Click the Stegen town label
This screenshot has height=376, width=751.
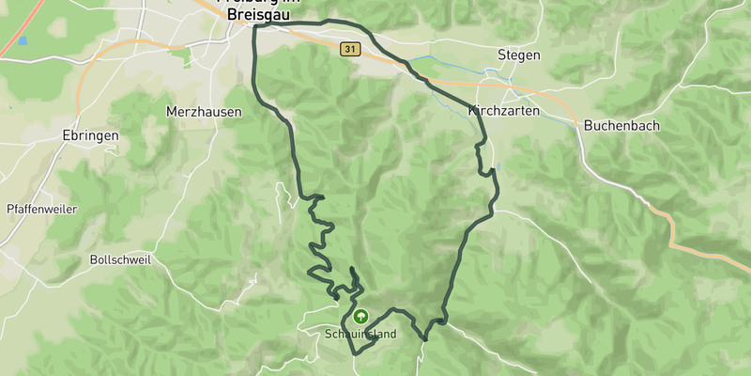(x=519, y=55)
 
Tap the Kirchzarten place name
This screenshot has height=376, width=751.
(x=500, y=111)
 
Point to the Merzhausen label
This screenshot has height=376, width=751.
(x=204, y=111)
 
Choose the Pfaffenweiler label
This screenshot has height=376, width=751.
(x=40, y=209)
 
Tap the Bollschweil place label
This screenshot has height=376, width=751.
(x=120, y=259)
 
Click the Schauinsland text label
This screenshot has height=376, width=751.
(x=360, y=335)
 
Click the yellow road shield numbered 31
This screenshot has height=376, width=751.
(x=349, y=49)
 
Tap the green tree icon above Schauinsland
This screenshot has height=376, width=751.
(x=360, y=317)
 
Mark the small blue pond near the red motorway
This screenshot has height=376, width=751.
(x=22, y=40)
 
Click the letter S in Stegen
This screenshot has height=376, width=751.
(x=501, y=55)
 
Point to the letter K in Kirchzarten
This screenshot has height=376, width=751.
(x=472, y=111)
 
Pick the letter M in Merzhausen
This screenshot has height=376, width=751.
(x=171, y=111)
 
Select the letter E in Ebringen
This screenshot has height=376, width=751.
(x=64, y=135)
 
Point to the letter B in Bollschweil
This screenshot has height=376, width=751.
(x=94, y=259)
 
